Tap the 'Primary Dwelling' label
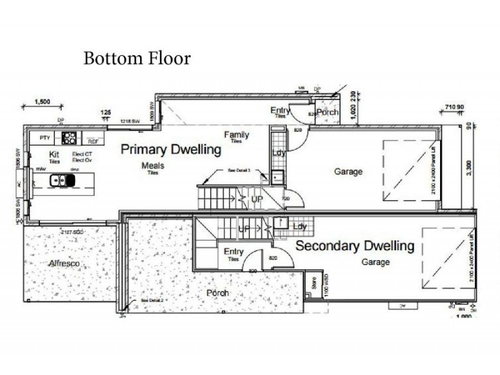pyautogui.click(x=171, y=150)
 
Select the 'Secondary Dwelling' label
pyautogui.click(x=354, y=246)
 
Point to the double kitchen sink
pyautogui.click(x=62, y=181)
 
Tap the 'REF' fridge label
pyautogui.click(x=92, y=142)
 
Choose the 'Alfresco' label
pyautogui.click(x=66, y=264)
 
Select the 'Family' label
pyautogui.click(x=237, y=135)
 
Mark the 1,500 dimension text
pyautogui.click(x=42, y=101)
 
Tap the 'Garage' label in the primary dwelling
pyautogui.click(x=348, y=172)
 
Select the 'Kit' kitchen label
pyautogui.click(x=54, y=153)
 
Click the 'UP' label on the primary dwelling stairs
pyautogui.click(x=257, y=199)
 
